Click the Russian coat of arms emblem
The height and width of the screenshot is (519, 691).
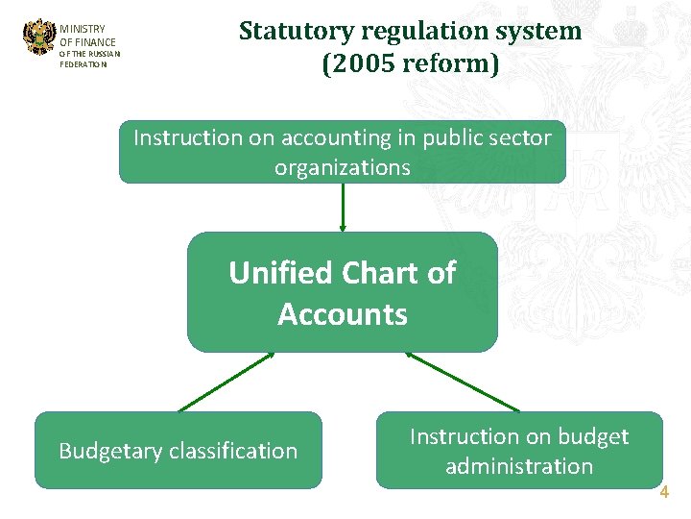pyautogui.click(x=39, y=37)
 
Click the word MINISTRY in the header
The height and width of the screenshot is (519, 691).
pyautogui.click(x=83, y=30)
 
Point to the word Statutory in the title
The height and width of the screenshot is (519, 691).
pyautogui.click(x=296, y=31)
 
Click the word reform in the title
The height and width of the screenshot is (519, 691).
pyautogui.click(x=447, y=65)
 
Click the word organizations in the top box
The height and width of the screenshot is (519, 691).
pyautogui.click(x=343, y=167)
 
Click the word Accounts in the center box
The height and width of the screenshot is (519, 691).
pyautogui.click(x=343, y=314)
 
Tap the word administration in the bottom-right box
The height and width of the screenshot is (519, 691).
pyautogui.click(x=519, y=466)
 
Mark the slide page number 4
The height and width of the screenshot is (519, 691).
pyautogui.click(x=664, y=493)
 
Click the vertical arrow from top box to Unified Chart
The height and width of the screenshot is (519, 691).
pyautogui.click(x=343, y=207)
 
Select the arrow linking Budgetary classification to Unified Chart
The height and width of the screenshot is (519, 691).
pyautogui.click(x=226, y=382)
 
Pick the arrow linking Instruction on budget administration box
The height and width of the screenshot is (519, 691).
pyautogui.click(x=463, y=382)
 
